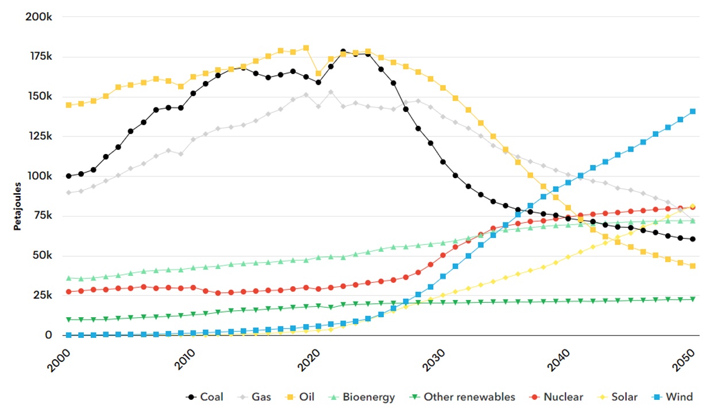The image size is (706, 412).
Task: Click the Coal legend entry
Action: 205,397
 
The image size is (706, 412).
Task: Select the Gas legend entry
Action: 256,397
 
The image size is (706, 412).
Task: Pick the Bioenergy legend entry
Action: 362,397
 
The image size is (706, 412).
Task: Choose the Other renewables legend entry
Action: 463,397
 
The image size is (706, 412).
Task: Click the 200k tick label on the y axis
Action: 39,17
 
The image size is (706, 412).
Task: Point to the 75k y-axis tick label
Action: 41,215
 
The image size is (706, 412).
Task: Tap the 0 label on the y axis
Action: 49,335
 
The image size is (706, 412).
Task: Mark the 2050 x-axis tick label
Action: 684,359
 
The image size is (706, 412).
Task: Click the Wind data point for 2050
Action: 693,111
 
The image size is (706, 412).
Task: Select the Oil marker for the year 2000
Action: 68,105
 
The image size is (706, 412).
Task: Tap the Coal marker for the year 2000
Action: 68,176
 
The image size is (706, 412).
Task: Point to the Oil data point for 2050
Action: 693,266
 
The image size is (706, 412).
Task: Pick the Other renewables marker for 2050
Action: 693,299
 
